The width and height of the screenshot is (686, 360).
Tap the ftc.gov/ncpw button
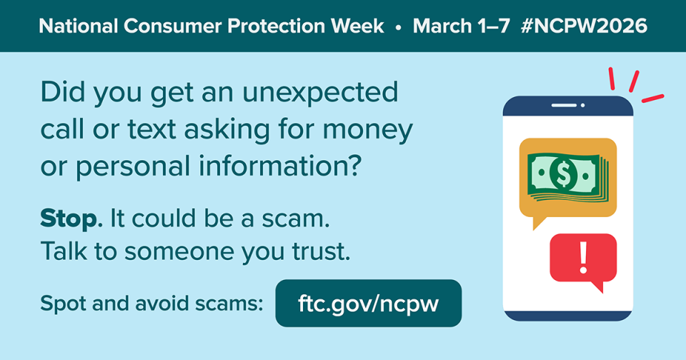(368, 303)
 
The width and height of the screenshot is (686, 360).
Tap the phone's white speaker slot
(566, 106)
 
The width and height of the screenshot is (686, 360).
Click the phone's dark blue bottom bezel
(568, 315)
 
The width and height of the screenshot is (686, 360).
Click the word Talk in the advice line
(64, 251)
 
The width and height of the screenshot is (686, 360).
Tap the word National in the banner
(76, 26)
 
